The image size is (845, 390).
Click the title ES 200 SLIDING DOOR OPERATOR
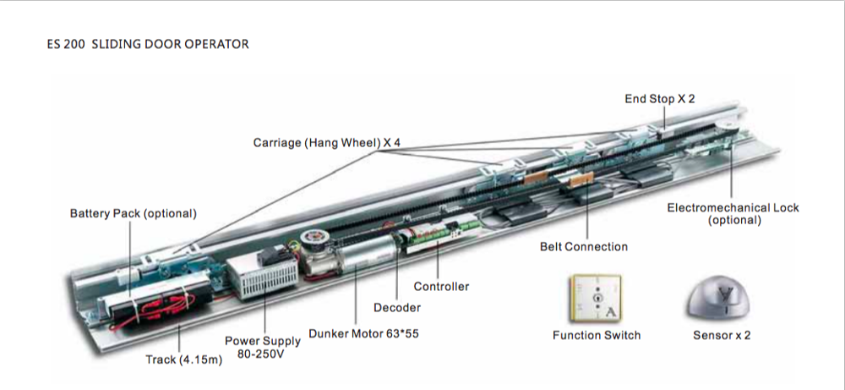(148, 43)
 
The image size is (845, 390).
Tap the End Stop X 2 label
(660, 99)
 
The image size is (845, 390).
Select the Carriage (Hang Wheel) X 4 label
(326, 143)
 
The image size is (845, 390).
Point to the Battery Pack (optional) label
(133, 213)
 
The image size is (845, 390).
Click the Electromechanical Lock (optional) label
(733, 214)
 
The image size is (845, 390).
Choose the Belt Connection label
(584, 247)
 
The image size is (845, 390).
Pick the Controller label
(441, 287)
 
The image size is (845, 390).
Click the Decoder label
(397, 308)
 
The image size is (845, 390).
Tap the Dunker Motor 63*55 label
(364, 334)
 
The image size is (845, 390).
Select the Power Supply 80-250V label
(262, 348)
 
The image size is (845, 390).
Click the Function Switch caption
(597, 335)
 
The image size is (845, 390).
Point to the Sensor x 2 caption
(722, 335)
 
